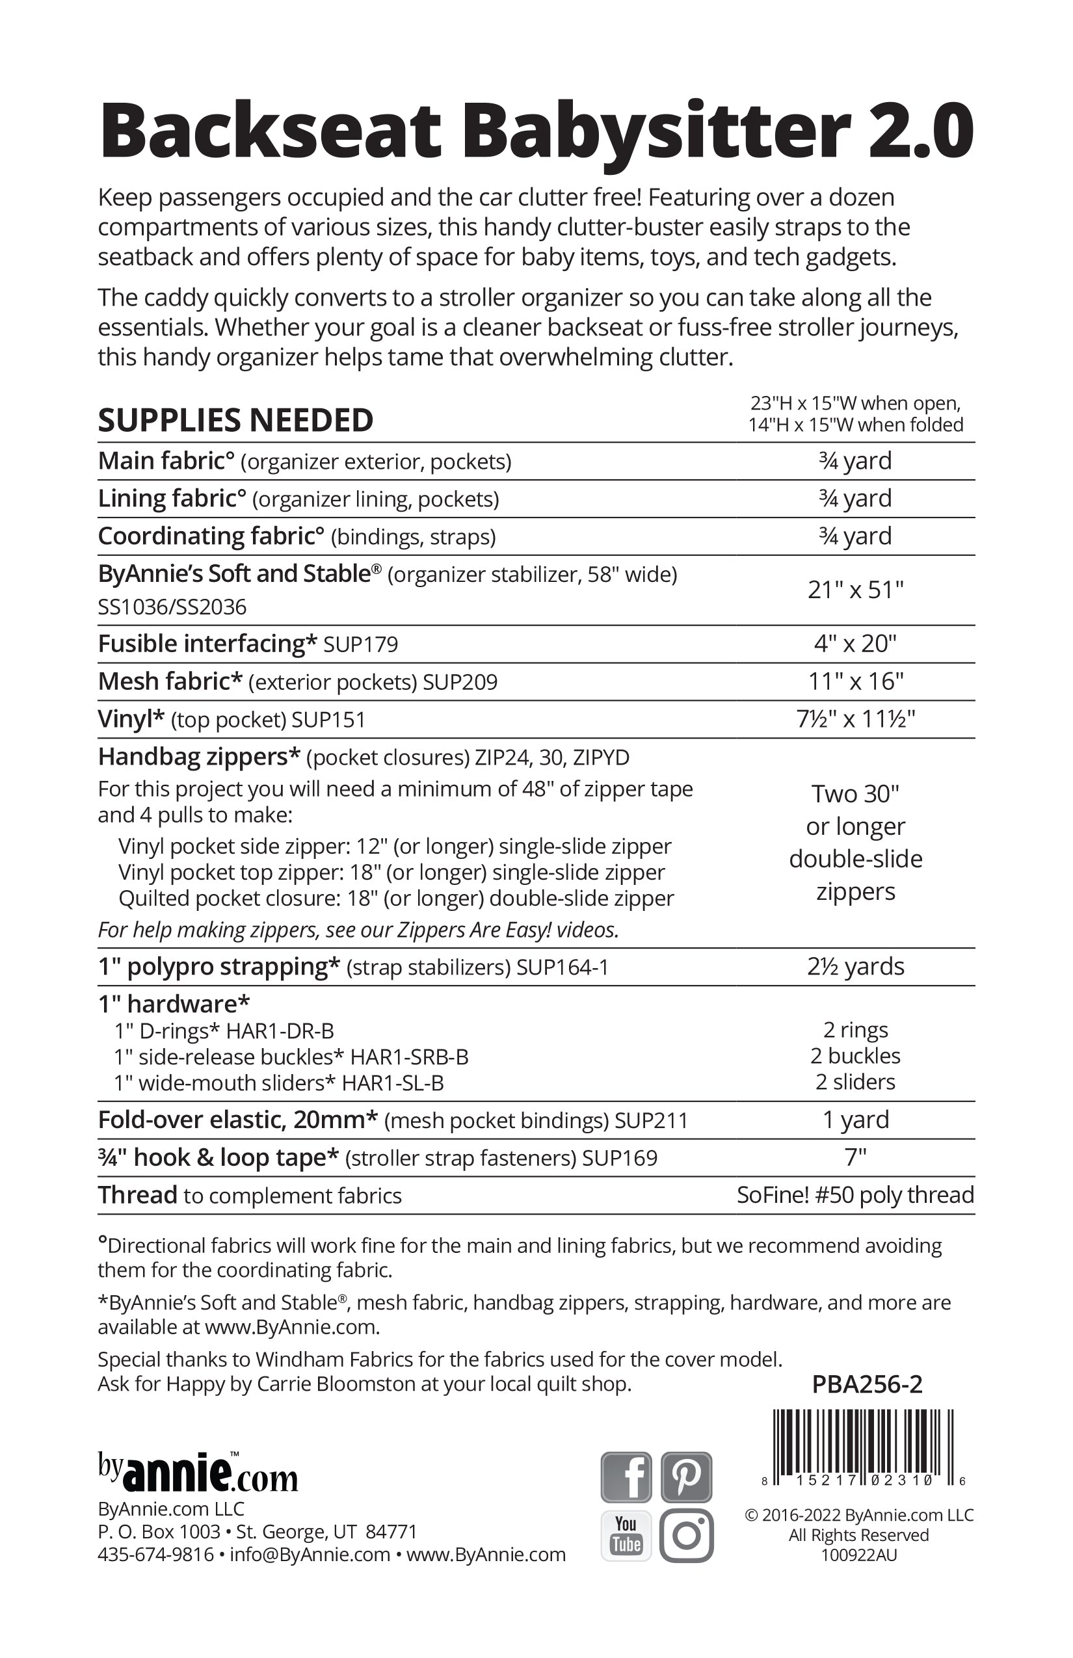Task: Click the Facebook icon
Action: point(626,1476)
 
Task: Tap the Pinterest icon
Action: point(686,1476)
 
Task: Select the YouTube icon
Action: point(626,1535)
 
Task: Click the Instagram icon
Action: point(686,1535)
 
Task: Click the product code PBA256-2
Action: point(867,1384)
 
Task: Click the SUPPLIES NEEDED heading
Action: point(235,420)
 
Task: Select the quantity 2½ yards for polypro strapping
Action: point(856,966)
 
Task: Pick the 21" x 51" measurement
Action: point(856,590)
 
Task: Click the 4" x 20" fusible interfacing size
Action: point(856,643)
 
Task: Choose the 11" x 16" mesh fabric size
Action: point(856,681)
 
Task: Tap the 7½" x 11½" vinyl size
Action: point(856,718)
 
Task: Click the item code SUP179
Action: point(361,644)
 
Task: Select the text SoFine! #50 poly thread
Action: point(856,1195)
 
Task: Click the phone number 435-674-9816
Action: point(155,1554)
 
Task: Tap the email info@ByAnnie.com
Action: point(310,1554)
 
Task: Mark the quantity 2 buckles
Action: point(856,1056)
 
